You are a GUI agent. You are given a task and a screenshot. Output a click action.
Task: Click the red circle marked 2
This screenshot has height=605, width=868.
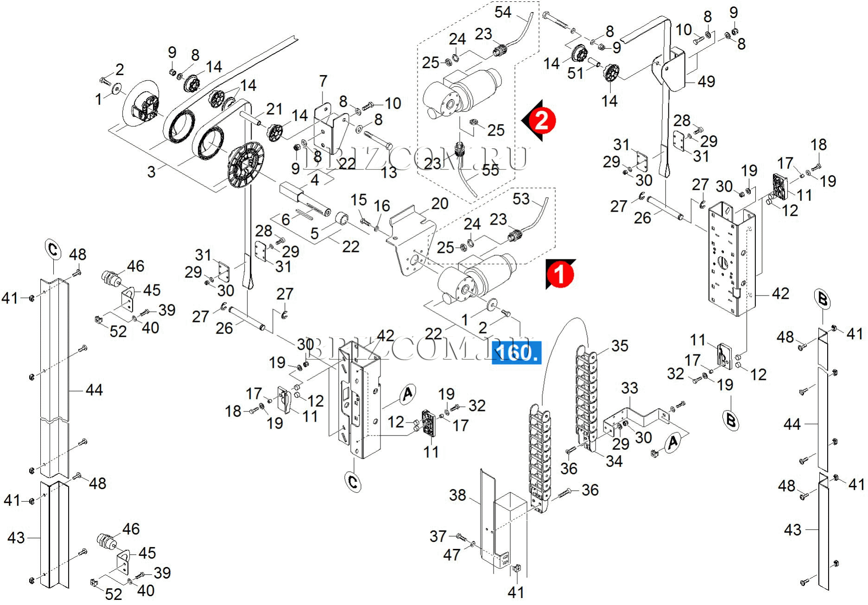[541, 120]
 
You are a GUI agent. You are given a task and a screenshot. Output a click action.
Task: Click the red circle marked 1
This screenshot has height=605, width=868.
[560, 274]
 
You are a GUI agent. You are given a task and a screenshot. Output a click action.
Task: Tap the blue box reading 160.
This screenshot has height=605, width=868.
[516, 353]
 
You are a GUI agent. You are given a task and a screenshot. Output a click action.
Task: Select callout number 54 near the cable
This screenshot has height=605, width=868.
[503, 12]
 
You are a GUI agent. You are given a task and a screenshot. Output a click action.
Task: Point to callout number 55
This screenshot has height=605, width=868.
[490, 170]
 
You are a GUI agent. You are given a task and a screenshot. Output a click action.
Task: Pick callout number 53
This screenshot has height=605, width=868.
[521, 199]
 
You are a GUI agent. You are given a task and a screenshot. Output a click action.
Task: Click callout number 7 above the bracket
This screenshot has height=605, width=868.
[323, 81]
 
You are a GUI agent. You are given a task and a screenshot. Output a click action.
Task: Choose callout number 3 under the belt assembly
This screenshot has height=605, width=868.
[151, 172]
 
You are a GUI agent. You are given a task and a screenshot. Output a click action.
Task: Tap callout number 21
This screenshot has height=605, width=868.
[274, 109]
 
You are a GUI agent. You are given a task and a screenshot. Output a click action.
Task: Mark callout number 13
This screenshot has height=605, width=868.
[389, 172]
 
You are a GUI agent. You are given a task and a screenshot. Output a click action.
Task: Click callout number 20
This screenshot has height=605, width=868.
[439, 203]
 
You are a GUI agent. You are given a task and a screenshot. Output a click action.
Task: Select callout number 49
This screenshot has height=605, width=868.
[706, 82]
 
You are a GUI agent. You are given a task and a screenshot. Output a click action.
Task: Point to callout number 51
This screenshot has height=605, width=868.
[575, 73]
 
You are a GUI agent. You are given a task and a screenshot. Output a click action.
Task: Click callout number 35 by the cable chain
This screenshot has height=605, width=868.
[620, 346]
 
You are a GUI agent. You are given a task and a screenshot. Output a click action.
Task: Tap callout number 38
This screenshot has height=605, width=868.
[457, 495]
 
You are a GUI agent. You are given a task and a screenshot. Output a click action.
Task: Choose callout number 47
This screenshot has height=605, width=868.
[452, 555]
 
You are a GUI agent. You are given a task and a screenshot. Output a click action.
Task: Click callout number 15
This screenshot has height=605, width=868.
[358, 200]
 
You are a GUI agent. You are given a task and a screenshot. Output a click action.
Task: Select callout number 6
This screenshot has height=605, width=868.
[285, 220]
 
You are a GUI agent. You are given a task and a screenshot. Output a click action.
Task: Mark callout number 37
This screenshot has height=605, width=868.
[438, 536]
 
